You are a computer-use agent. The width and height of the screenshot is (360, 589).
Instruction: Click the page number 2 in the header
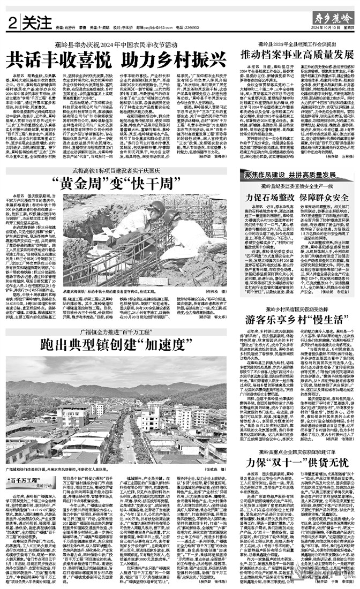coord(11,23)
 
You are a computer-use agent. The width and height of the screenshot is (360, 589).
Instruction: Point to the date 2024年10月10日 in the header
coord(316,28)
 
